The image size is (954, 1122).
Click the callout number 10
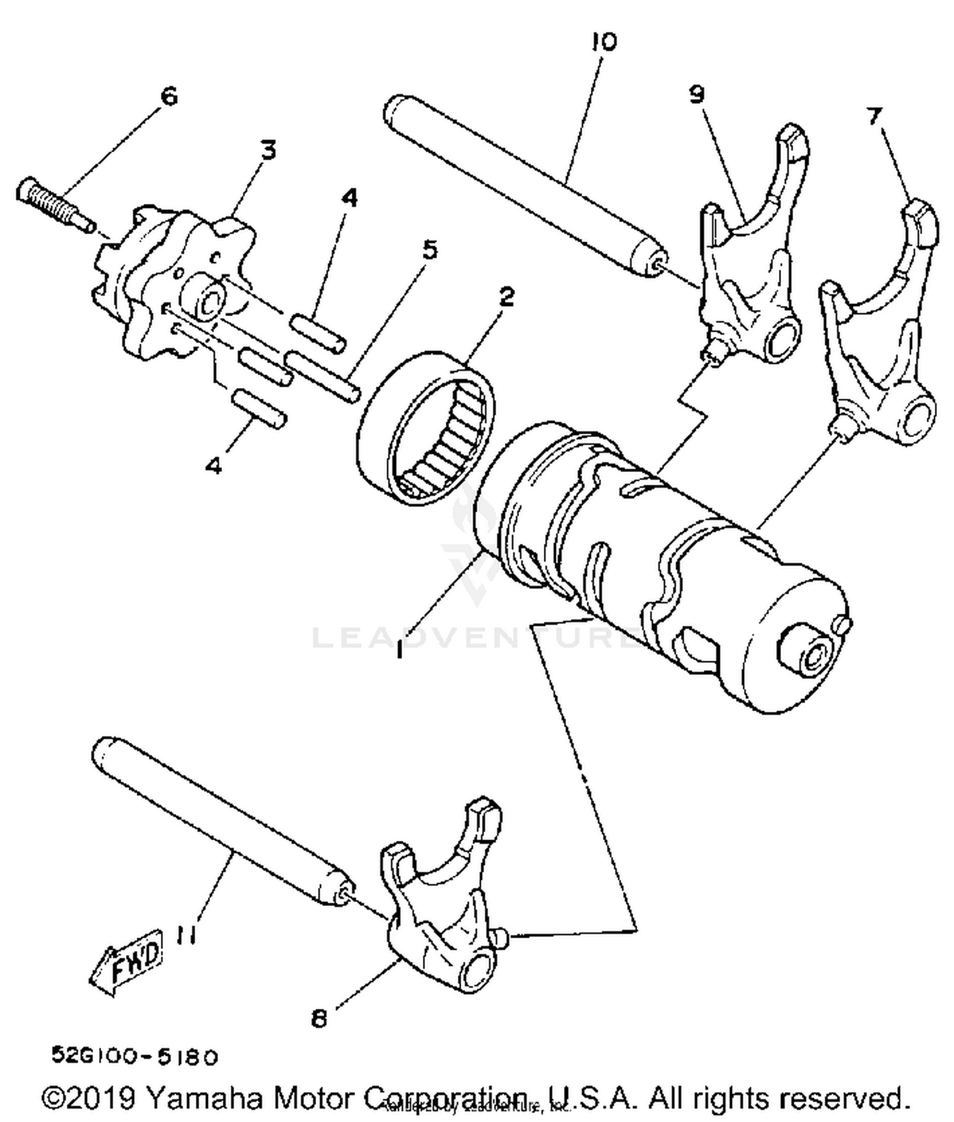(x=604, y=43)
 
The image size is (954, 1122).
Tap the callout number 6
(x=169, y=97)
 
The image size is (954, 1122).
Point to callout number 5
(x=430, y=249)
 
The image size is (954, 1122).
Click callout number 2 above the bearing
(x=506, y=296)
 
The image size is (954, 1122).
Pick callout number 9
(x=697, y=95)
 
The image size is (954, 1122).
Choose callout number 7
(x=874, y=116)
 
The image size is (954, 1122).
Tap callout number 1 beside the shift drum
(x=399, y=650)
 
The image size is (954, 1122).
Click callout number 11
(x=185, y=936)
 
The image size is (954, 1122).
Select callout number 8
(x=319, y=1018)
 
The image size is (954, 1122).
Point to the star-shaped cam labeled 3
(x=172, y=280)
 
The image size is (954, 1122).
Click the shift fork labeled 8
(x=439, y=916)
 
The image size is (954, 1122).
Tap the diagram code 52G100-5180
(x=135, y=1056)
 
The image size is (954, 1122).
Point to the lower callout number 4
(x=214, y=466)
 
